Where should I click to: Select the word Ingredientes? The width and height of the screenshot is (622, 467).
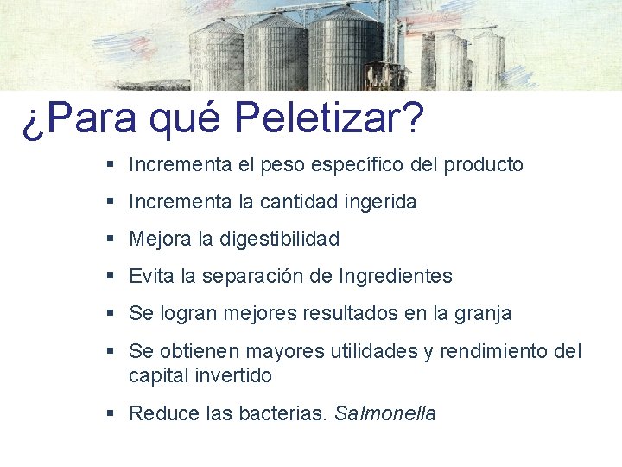pyautogui.click(x=396, y=277)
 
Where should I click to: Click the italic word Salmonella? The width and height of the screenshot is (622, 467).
pyautogui.click(x=385, y=414)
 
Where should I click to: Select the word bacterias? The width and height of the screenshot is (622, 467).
pyautogui.click(x=285, y=414)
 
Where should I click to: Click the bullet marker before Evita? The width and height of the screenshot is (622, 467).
pyautogui.click(x=111, y=277)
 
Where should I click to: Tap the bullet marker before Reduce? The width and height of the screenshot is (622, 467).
pyautogui.click(x=111, y=414)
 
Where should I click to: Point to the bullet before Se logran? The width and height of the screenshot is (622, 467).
pyautogui.click(x=111, y=314)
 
